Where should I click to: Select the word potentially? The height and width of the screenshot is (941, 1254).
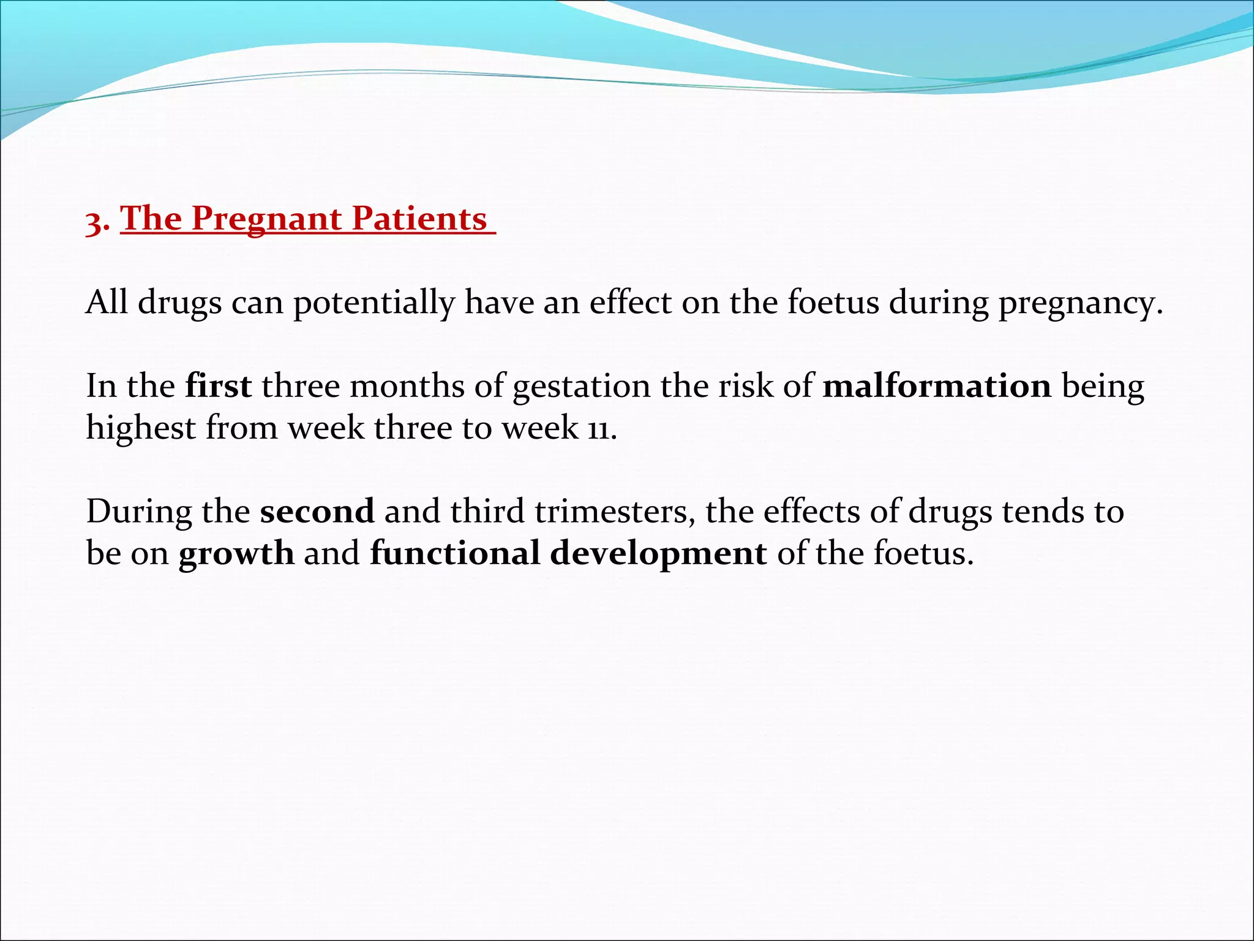[x=374, y=303]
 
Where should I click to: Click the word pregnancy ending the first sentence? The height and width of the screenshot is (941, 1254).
[x=1080, y=303]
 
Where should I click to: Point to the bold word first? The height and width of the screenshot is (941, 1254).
[x=218, y=386]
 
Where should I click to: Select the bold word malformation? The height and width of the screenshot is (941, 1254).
[x=937, y=386]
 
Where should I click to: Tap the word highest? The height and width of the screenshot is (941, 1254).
[x=141, y=428]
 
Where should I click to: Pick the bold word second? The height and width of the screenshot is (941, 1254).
[x=317, y=511]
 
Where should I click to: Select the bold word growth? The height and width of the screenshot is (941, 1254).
[x=236, y=554]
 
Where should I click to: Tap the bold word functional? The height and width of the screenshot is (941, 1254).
[x=454, y=553]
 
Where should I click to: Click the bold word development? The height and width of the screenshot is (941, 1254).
[x=658, y=554]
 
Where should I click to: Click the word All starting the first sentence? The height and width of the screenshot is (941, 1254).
[x=107, y=302]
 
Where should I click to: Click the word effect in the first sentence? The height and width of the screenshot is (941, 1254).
[x=630, y=302]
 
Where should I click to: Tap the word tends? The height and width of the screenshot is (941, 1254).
[x=1039, y=511]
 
